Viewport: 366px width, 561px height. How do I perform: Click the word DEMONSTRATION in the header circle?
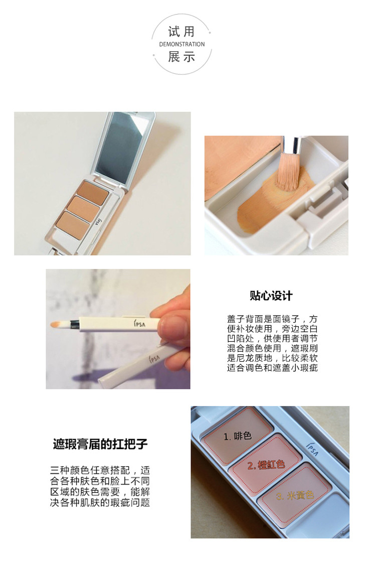182,44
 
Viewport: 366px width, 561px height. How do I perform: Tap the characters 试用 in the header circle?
181,32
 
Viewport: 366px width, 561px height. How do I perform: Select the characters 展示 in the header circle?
181,57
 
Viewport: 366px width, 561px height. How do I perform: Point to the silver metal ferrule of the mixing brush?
294,145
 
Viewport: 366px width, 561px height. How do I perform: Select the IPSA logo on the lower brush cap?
155,358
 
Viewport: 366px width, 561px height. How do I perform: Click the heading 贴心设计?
271,296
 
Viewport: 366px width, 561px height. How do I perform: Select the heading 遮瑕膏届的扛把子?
100,444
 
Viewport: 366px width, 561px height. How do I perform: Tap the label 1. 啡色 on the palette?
238,436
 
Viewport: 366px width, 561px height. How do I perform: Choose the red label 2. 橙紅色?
266,465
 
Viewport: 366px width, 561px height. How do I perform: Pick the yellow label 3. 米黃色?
295,496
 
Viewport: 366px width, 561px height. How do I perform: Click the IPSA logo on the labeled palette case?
312,449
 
